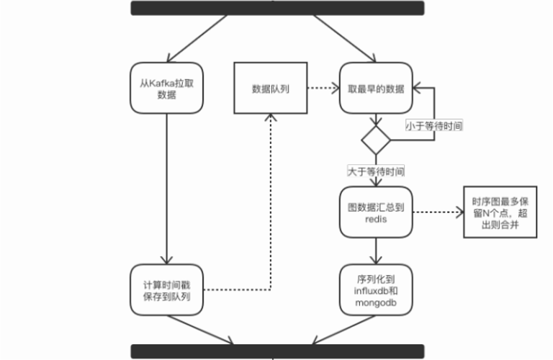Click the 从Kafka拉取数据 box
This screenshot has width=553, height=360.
pos(166,88)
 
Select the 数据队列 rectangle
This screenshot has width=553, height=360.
pos(271,88)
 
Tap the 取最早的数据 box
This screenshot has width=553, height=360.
pos(375,88)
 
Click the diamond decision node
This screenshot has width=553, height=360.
pos(375,138)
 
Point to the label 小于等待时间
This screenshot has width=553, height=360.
pos(434,125)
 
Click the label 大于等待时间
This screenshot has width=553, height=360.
pos(375,172)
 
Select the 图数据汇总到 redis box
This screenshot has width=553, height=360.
pos(375,212)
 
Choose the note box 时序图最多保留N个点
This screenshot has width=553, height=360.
pos(497,212)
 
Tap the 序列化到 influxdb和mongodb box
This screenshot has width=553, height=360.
pos(375,290)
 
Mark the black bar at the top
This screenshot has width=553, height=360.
pos(277,8)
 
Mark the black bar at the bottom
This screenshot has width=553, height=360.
pos(277,352)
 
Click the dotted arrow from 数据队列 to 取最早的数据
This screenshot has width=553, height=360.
pos(324,89)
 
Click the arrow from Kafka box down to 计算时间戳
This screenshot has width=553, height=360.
pos(166,187)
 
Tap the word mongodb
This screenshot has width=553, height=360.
pos(375,304)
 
